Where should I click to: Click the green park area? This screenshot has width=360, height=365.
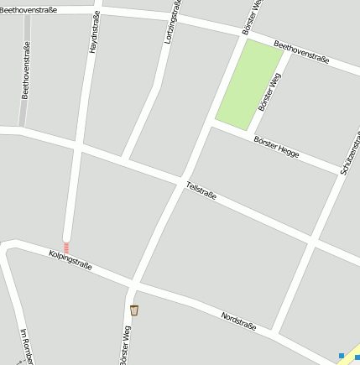248,85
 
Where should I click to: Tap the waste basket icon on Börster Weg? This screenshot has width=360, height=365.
134,310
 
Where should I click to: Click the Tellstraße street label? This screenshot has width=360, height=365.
201,190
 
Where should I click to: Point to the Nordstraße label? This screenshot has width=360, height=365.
237,321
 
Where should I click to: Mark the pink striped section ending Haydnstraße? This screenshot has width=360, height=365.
66,248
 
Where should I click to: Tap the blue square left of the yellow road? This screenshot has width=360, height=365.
342,356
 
